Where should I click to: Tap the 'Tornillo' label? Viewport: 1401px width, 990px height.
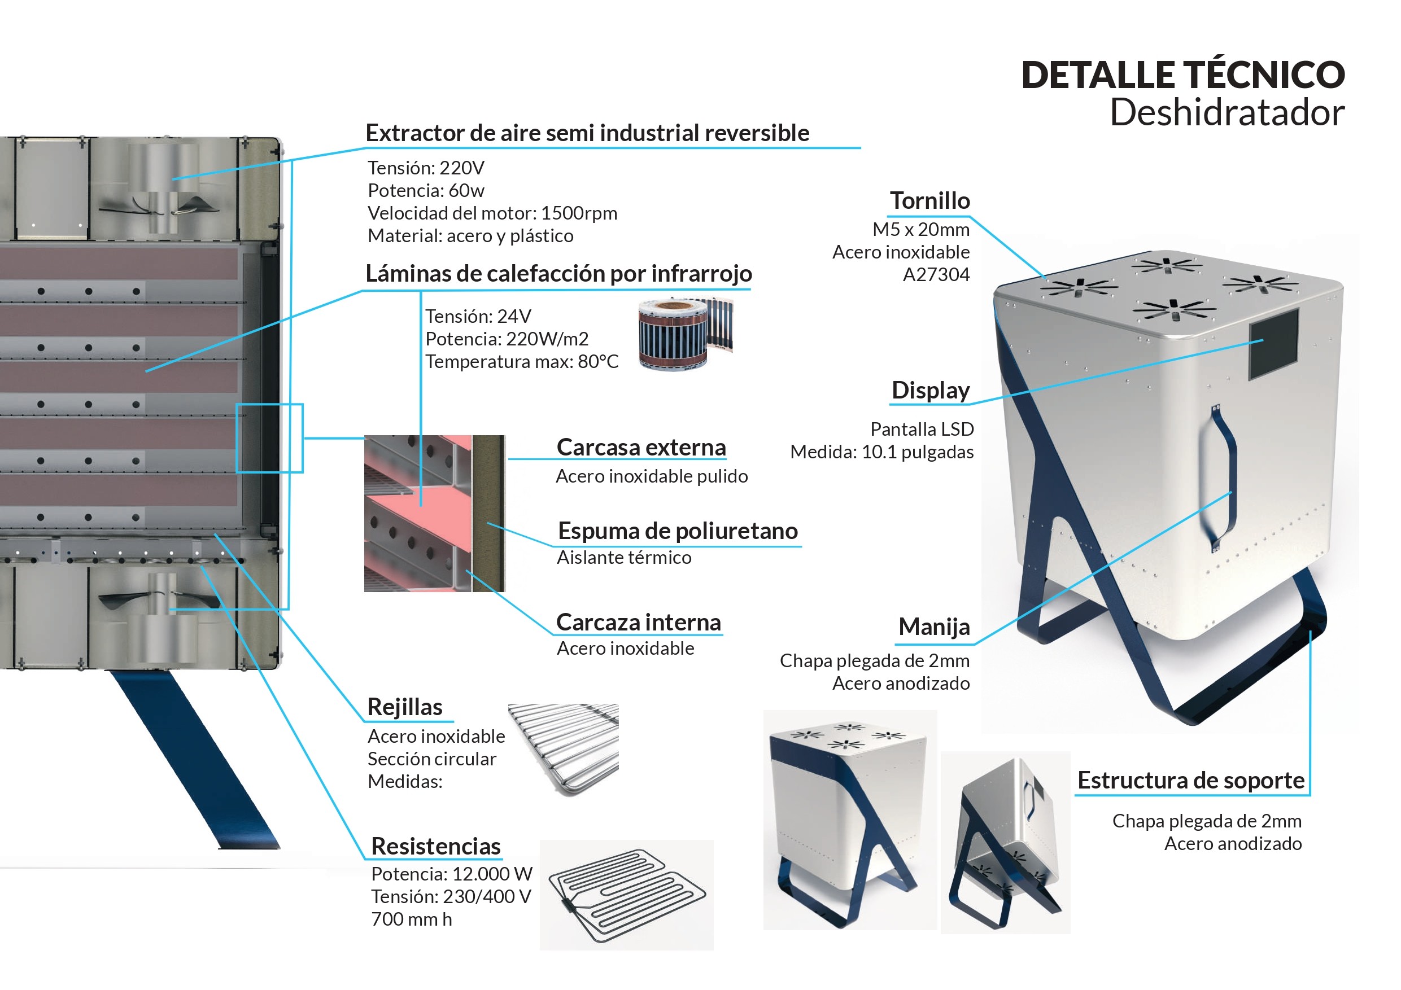(930, 201)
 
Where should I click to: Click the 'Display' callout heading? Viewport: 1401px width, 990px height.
(931, 391)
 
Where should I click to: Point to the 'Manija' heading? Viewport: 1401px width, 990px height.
(934, 627)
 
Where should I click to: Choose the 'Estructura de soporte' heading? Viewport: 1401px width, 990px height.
(1191, 780)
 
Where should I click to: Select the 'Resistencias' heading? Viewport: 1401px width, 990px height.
(436, 847)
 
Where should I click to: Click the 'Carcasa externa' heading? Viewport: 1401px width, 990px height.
(641, 448)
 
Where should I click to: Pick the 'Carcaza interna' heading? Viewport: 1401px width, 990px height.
(639, 623)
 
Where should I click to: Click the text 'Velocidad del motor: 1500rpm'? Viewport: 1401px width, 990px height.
(492, 213)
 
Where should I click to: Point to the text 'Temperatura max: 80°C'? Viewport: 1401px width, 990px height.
(522, 362)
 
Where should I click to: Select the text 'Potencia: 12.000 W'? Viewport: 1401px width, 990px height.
(452, 874)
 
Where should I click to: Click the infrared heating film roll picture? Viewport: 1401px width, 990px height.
(685, 333)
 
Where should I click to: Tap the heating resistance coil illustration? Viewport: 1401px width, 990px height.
(627, 895)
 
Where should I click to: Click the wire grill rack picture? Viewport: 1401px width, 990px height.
(564, 748)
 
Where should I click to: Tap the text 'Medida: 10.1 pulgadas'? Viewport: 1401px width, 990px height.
(881, 453)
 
